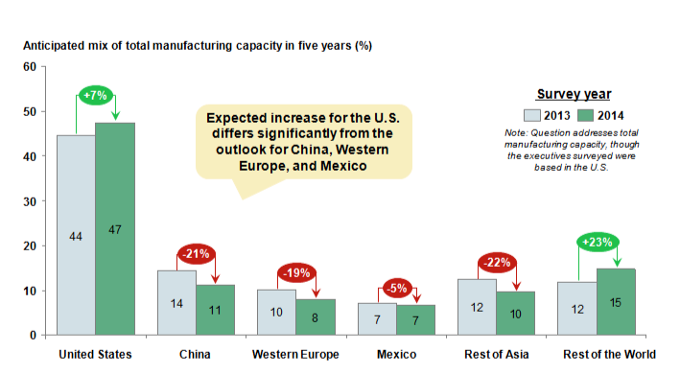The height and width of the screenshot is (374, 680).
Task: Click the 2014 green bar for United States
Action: [x=115, y=229]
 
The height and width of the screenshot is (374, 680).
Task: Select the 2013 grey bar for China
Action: [x=176, y=302]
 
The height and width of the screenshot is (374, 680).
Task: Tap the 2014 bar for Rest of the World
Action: [x=616, y=302]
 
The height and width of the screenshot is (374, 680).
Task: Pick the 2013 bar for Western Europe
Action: [x=276, y=312]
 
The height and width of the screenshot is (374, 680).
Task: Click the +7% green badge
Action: [x=95, y=95]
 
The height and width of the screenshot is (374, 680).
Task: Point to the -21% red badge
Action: [x=196, y=254]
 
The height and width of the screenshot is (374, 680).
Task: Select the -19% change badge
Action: [x=296, y=273]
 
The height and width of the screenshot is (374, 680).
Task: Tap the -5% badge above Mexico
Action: [x=397, y=289]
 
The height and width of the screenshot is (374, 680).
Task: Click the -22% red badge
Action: [x=497, y=262]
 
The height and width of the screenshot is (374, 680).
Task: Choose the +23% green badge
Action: [x=598, y=242]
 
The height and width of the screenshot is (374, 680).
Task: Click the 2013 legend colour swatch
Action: [x=532, y=115]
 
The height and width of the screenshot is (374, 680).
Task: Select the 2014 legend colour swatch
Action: [x=585, y=115]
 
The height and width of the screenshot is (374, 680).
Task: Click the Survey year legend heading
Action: [x=574, y=94]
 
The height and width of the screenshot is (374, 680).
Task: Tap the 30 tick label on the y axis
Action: [x=30, y=201]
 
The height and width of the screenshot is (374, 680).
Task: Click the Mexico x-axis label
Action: [x=396, y=355]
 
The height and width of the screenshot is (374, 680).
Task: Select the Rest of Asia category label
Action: [x=497, y=355]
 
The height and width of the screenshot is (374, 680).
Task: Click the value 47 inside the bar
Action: [x=115, y=230]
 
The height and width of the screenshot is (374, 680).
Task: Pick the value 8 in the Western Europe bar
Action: [x=315, y=318]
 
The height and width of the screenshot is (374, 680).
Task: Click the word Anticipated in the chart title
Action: [x=47, y=45]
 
